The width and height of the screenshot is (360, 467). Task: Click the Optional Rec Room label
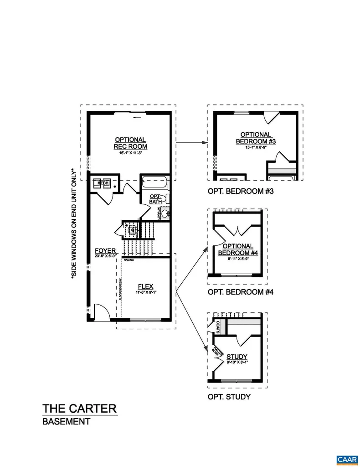click(130, 143)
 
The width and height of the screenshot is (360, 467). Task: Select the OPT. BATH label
click(155, 198)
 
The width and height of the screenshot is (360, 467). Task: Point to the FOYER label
click(105, 251)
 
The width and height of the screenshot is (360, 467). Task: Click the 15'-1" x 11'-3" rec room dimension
click(130, 153)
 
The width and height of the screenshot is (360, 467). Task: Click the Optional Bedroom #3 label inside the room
click(256, 138)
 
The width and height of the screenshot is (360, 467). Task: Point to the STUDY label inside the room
click(237, 356)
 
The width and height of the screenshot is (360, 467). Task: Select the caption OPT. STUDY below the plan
click(229, 397)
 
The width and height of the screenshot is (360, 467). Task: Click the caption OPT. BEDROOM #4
click(240, 292)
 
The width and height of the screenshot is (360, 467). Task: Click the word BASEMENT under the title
click(66, 422)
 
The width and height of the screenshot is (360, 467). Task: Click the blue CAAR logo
click(346, 458)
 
